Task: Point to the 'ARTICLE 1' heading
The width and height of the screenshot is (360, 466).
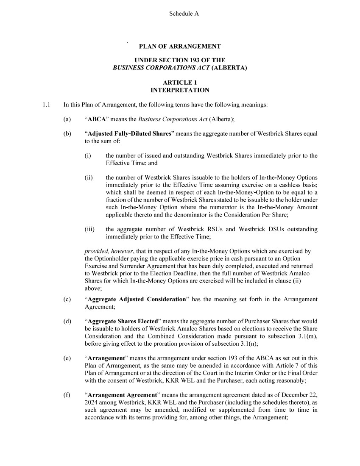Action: click(180, 82)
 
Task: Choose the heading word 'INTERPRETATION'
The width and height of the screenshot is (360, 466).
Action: click(180, 90)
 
